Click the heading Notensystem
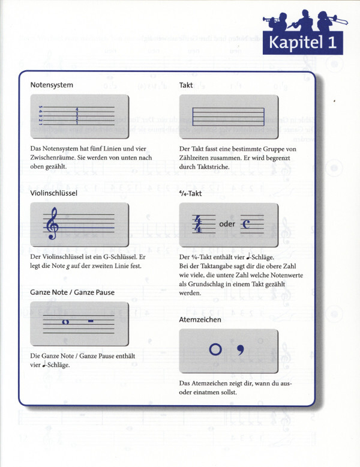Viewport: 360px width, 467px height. (52, 85)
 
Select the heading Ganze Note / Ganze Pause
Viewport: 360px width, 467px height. (73, 292)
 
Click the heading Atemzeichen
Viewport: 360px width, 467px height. (200, 320)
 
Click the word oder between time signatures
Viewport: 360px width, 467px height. (227, 224)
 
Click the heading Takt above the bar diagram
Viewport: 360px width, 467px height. (186, 85)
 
